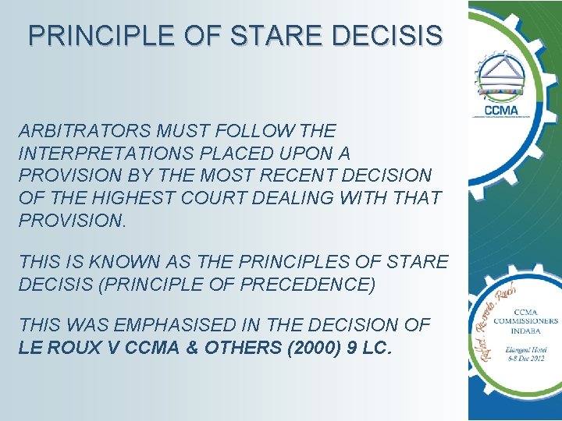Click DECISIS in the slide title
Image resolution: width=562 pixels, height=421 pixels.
coord(398,35)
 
